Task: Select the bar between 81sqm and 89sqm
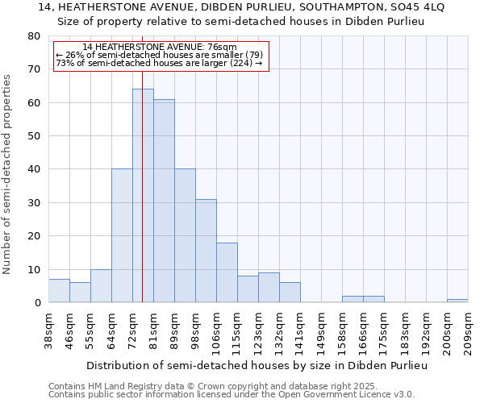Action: click(x=164, y=201)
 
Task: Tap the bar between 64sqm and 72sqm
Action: click(x=122, y=235)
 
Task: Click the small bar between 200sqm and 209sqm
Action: click(x=457, y=301)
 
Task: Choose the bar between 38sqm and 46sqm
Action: click(x=59, y=291)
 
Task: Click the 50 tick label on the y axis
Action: click(x=35, y=136)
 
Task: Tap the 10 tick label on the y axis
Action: click(x=35, y=270)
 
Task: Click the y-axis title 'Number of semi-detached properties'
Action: click(x=7, y=174)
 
